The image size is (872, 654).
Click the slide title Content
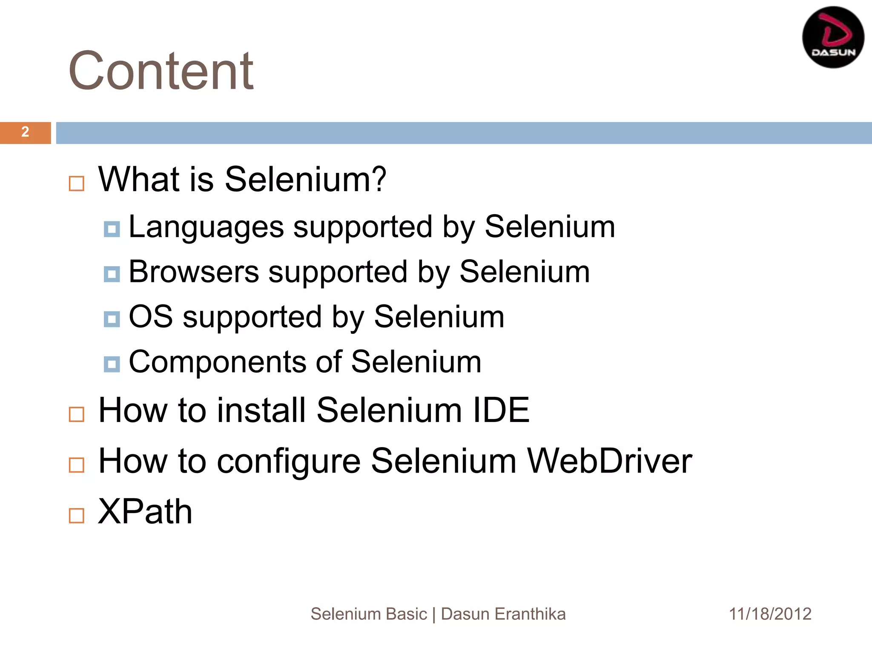pos(161,71)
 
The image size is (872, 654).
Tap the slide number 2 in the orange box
pos(25,132)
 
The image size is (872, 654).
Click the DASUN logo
pos(833,37)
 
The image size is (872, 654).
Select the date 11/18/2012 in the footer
pos(770,614)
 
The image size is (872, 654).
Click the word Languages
pos(206,227)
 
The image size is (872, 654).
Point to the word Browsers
pos(194,272)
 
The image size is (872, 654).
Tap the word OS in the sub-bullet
pos(151,317)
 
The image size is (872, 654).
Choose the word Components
pos(217,362)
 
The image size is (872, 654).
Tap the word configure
pos(289,462)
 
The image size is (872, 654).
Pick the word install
pos(261,410)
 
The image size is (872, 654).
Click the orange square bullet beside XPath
pos(77,516)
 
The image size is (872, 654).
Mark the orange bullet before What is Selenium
pos(77,184)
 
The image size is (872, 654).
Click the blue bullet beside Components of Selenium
pos(112,364)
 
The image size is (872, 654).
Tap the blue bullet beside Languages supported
pos(112,229)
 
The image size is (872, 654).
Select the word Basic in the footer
pos(407,614)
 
